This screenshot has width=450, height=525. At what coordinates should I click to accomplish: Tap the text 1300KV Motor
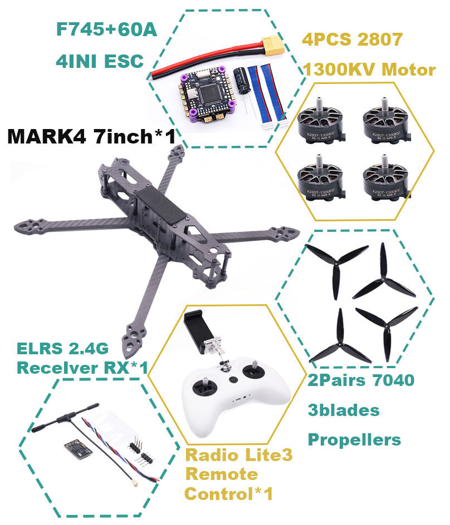pos(369,70)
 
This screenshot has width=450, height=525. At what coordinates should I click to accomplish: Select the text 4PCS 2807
pos(351,40)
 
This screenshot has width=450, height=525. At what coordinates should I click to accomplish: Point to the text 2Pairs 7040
pos(361,380)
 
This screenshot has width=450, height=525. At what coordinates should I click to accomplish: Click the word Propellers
pos(354,439)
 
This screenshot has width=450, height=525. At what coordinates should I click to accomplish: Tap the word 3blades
pos(344,410)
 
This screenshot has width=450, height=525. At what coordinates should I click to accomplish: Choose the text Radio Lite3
pos(239,455)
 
